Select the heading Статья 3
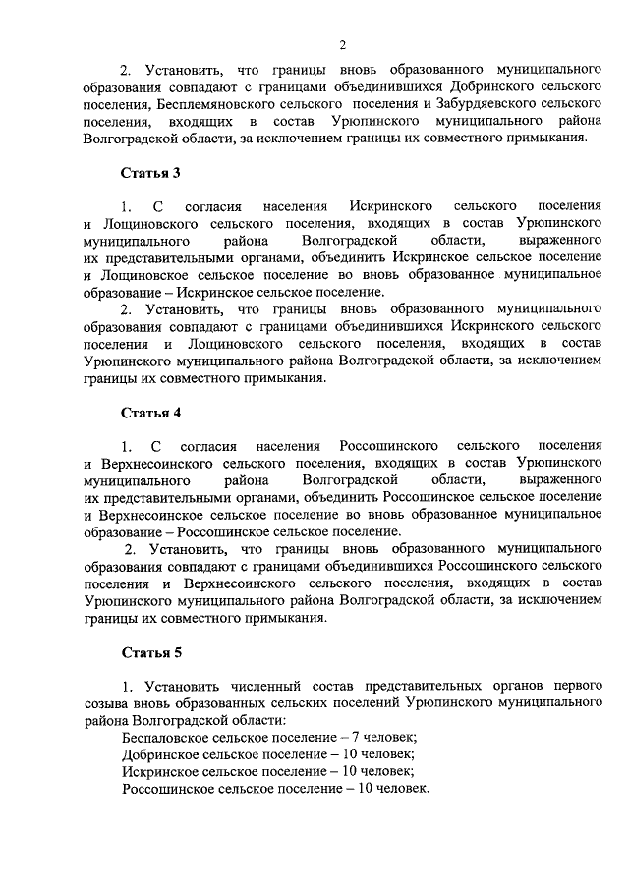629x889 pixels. [x=150, y=173]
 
